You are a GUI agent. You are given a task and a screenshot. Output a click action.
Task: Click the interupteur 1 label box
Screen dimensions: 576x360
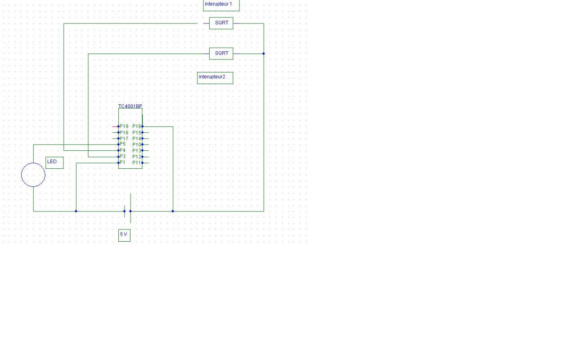click(221, 4)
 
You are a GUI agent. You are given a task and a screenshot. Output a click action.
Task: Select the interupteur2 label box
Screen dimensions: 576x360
click(215, 77)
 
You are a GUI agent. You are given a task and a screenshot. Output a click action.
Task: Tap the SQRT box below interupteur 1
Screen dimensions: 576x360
click(221, 23)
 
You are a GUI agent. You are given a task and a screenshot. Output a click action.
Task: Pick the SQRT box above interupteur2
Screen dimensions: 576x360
click(221, 54)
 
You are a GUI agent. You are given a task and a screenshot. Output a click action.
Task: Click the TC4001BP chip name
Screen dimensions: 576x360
click(130, 106)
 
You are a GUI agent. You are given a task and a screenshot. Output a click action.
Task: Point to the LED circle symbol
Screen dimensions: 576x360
click(33, 175)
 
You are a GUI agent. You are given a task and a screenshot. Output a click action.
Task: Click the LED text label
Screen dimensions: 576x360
click(54, 162)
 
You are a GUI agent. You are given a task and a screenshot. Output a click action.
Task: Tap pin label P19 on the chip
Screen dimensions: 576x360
click(124, 126)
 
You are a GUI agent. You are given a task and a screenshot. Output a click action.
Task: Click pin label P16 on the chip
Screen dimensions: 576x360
click(136, 126)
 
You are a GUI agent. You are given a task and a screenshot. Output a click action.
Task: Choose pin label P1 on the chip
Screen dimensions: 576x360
click(122, 162)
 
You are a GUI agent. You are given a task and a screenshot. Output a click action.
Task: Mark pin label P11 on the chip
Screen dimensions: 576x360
click(136, 162)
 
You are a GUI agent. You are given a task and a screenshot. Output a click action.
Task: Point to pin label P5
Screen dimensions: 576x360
click(122, 144)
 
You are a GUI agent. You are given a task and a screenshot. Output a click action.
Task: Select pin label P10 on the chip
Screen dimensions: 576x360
click(136, 144)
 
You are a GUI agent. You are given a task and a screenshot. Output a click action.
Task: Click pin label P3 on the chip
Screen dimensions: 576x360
click(122, 157)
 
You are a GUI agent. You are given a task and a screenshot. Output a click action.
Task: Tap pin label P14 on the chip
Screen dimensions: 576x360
click(136, 139)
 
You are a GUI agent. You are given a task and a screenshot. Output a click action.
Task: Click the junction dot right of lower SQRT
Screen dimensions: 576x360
click(264, 54)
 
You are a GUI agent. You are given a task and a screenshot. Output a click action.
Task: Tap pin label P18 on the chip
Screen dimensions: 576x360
click(124, 133)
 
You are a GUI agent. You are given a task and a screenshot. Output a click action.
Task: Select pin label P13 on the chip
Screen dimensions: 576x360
click(136, 151)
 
